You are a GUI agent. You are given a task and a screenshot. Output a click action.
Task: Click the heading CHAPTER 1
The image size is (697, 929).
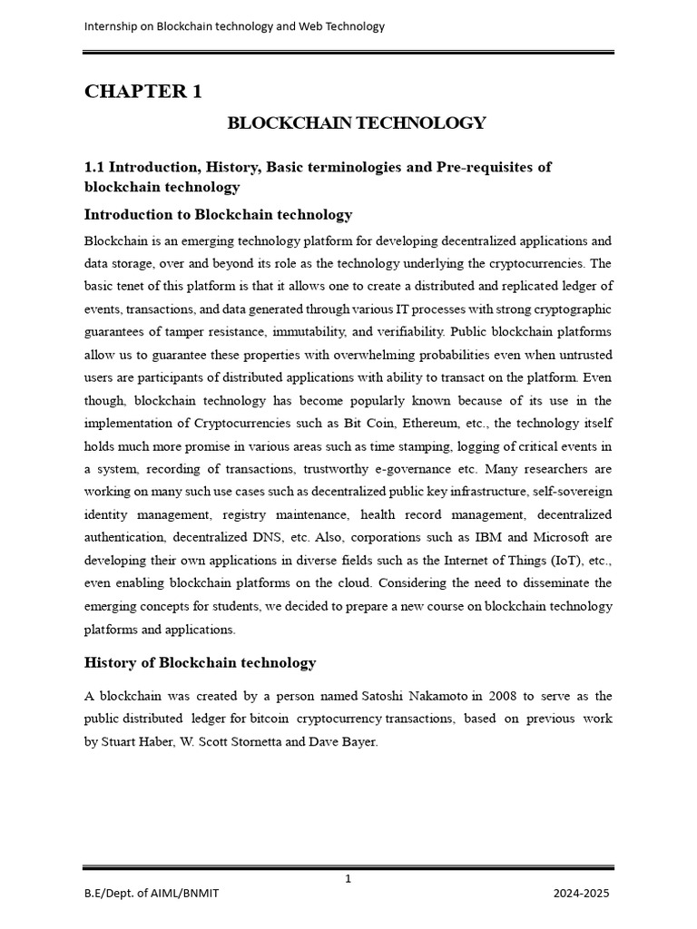(142, 92)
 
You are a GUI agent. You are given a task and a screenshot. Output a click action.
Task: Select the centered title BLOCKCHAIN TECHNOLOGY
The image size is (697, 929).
(357, 123)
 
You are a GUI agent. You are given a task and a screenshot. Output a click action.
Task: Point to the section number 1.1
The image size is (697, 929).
(94, 167)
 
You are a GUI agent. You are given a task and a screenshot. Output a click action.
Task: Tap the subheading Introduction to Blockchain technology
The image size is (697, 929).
(218, 215)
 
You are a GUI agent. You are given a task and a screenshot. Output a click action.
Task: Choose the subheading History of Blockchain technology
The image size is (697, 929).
(200, 662)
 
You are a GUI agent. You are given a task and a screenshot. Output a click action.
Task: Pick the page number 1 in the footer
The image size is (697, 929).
(348, 878)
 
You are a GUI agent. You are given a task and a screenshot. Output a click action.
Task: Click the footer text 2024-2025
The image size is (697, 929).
(582, 894)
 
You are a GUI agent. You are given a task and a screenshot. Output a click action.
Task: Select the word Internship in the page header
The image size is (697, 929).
(113, 26)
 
